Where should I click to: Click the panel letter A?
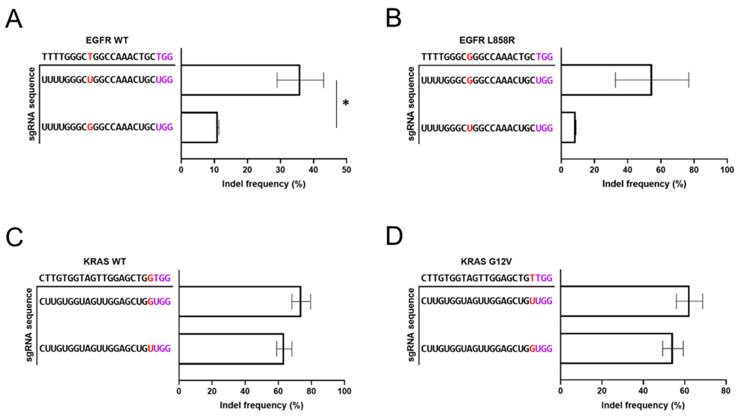click(x=13, y=19)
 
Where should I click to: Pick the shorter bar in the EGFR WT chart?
click(x=199, y=127)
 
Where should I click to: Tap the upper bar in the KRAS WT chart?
click(x=240, y=301)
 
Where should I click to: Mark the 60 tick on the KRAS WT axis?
click(x=278, y=391)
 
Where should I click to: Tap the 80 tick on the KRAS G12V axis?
click(x=726, y=391)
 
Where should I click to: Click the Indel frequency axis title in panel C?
click(x=261, y=405)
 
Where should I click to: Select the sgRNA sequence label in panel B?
click(x=411, y=104)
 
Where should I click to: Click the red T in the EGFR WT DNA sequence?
click(x=90, y=57)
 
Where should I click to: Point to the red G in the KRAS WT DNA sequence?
click(x=150, y=278)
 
